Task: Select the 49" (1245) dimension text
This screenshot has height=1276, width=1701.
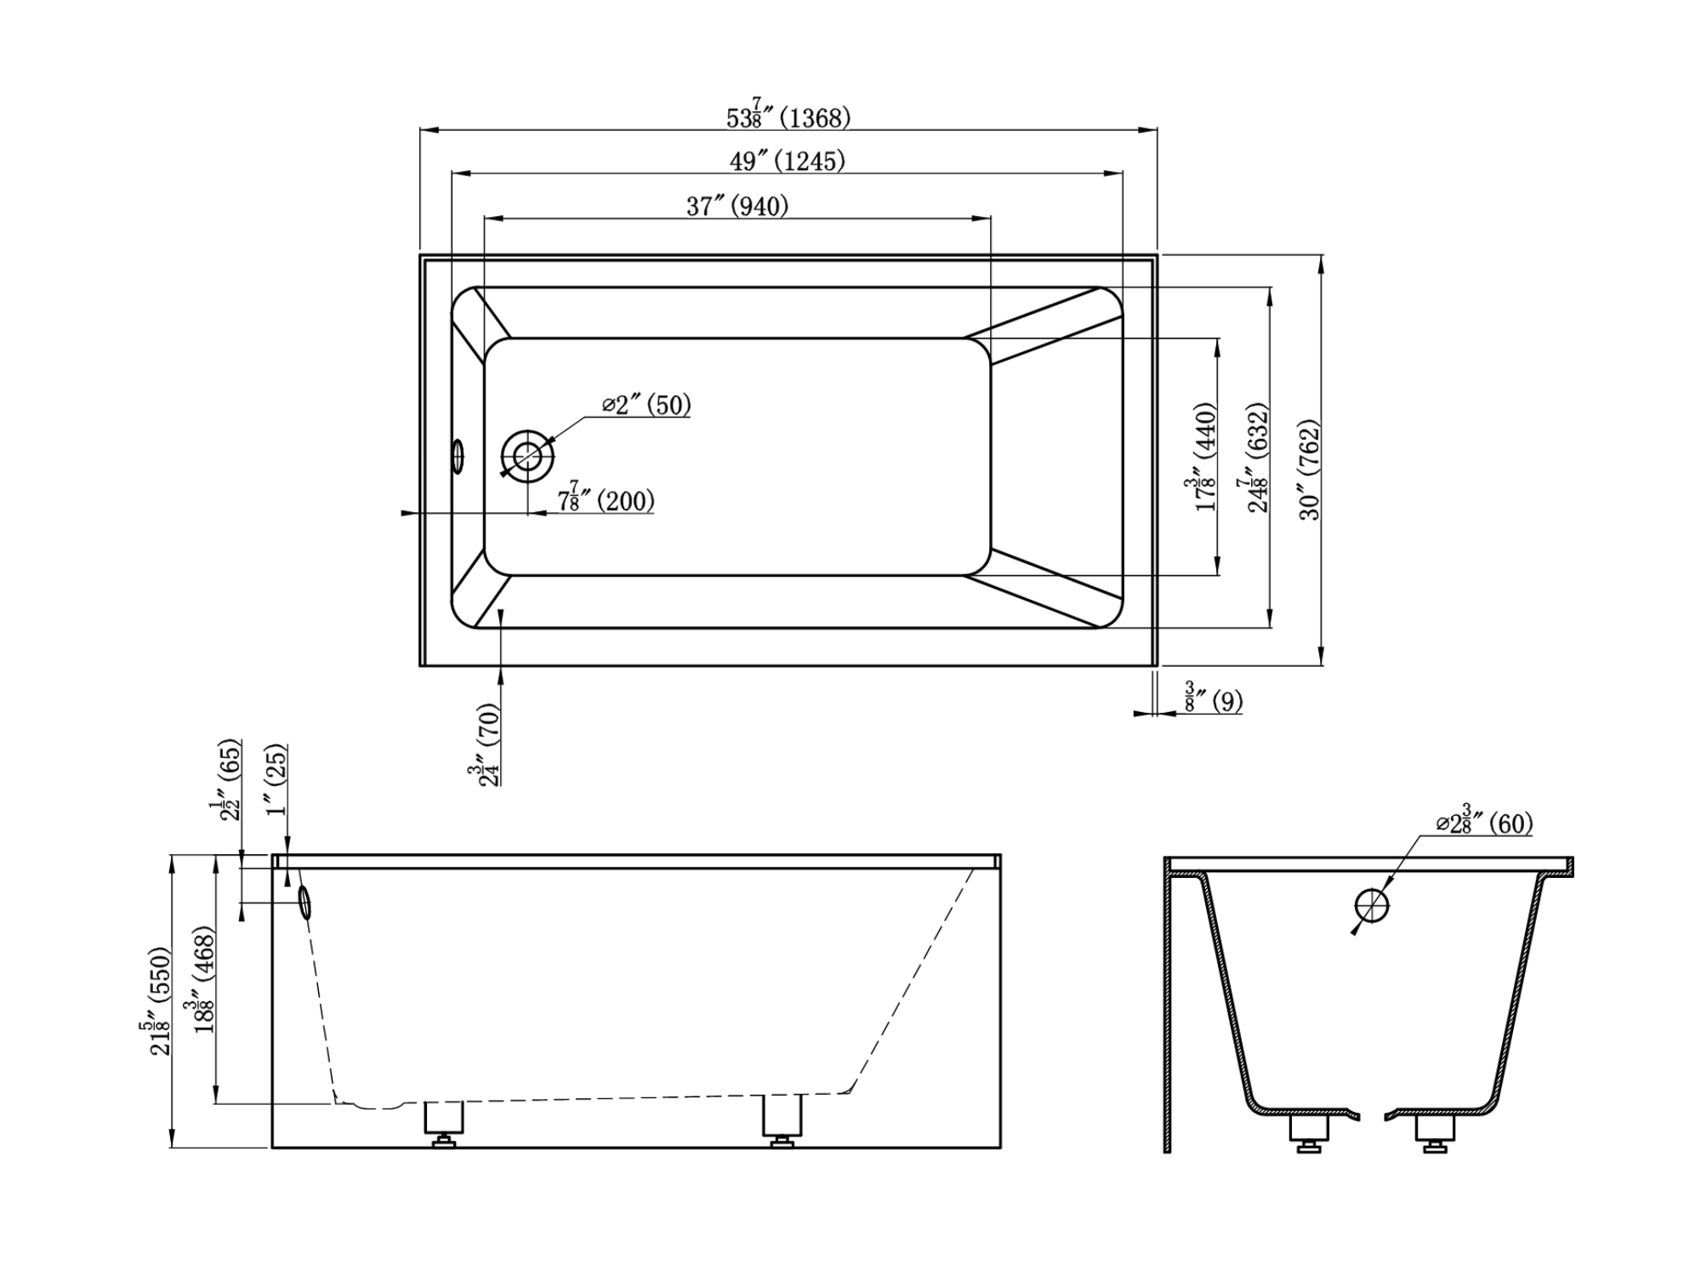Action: coord(788,161)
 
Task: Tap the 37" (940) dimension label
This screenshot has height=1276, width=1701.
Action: coord(737,206)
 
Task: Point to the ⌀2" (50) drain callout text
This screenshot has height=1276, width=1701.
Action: coord(646,405)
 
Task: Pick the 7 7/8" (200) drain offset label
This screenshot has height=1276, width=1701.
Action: coord(606,498)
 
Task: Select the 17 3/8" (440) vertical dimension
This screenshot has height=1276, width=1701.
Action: coord(1202,457)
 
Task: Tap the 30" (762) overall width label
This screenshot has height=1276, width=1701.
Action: coord(1311,470)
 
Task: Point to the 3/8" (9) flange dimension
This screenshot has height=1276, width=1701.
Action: coord(1213,698)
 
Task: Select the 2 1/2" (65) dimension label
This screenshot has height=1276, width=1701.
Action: coord(227,779)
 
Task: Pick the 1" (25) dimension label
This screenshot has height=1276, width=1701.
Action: coord(276,780)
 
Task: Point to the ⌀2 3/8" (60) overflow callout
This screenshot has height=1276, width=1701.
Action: coord(1483,821)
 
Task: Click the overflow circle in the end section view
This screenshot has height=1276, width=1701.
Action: coord(1372,906)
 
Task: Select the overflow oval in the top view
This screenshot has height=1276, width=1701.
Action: coord(458,456)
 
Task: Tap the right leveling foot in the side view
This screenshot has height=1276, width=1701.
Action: coord(782,1121)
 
